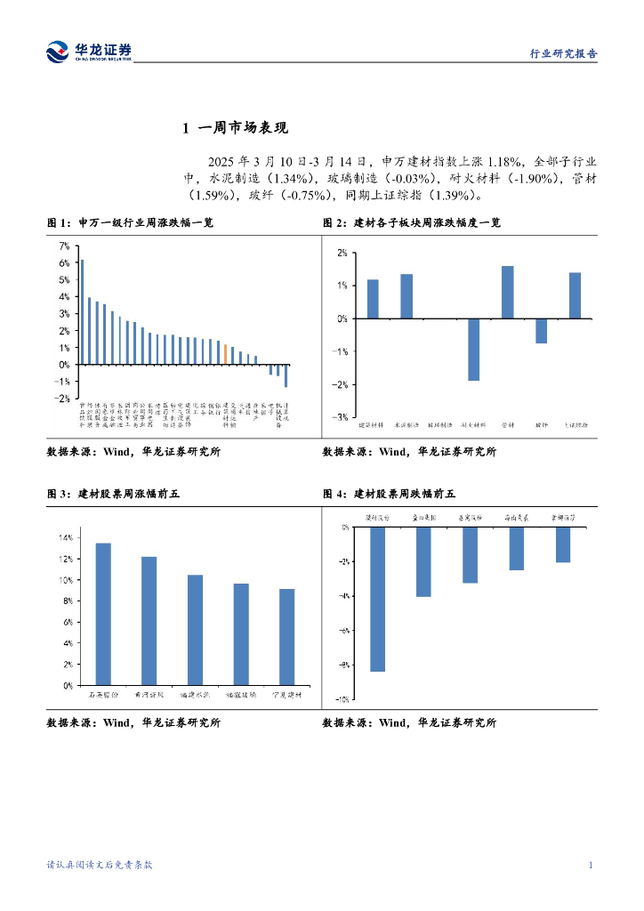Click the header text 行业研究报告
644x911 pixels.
(x=563, y=53)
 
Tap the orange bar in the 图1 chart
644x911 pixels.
(x=226, y=354)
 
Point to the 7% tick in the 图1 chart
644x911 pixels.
(x=63, y=246)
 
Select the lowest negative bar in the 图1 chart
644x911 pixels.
(x=286, y=375)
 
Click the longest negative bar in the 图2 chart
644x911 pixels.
(x=473, y=349)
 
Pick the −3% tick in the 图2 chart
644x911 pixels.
(x=341, y=416)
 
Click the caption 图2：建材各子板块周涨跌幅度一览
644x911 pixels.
(x=411, y=222)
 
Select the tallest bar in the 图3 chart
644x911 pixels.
(x=103, y=614)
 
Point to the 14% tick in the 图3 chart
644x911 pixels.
(x=65, y=537)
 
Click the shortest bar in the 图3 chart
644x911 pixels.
(x=286, y=637)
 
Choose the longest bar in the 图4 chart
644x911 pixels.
(x=377, y=599)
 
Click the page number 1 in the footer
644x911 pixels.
(x=591, y=865)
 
